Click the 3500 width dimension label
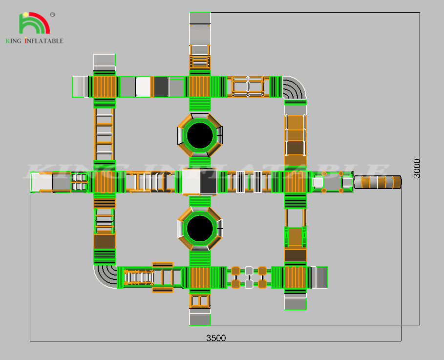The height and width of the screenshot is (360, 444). click(x=216, y=338)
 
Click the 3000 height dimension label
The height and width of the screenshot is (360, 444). click(x=417, y=168)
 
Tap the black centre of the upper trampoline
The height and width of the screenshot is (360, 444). click(x=200, y=135)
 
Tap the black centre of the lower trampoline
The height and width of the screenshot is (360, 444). click(x=200, y=228)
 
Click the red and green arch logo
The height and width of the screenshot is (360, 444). click(x=35, y=22)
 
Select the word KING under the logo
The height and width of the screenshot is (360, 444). click(x=13, y=41)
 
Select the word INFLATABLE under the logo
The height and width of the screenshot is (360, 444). click(x=44, y=41)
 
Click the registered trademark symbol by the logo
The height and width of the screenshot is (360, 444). click(x=52, y=15)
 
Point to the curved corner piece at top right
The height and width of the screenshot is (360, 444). click(x=295, y=87)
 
